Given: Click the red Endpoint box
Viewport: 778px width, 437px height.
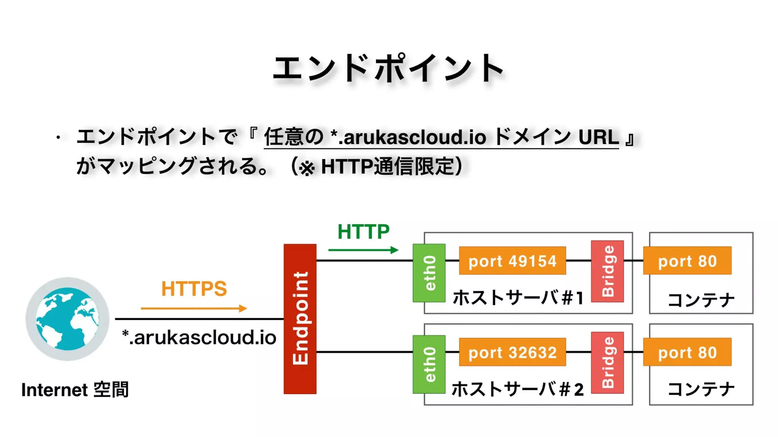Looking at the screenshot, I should (x=300, y=319).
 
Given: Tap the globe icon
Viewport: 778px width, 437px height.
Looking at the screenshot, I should (x=67, y=319).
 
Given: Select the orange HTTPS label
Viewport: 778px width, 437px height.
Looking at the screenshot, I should (x=194, y=289).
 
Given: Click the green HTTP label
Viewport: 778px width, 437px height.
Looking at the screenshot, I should (x=363, y=231).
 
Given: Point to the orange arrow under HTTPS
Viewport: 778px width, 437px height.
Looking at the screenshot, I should (x=194, y=308).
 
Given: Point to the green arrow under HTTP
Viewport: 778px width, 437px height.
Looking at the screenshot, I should (x=363, y=250).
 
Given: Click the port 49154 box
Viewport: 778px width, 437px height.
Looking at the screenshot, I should (x=512, y=261).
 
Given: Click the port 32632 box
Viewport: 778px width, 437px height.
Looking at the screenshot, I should (x=512, y=352).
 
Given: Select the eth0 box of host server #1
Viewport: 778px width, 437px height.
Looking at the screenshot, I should (x=429, y=273).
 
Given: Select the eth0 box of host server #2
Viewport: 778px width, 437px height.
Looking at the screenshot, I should (x=429, y=364).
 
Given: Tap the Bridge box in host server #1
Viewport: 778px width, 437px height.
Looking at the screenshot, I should (x=607, y=271).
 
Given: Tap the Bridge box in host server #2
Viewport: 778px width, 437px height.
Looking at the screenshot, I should (x=607, y=363).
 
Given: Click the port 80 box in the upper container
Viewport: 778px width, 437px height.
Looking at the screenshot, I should (x=687, y=261).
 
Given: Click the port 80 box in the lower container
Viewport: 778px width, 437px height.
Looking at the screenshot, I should (x=687, y=352).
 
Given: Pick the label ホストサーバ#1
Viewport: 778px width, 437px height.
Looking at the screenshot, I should (x=517, y=298).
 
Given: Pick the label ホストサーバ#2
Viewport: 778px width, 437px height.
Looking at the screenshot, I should (x=517, y=389).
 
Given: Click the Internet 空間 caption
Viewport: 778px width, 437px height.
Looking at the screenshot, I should (x=75, y=390).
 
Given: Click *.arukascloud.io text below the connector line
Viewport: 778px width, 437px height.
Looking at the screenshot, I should (x=199, y=337).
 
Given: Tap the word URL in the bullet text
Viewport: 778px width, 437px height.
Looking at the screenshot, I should (x=598, y=137).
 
